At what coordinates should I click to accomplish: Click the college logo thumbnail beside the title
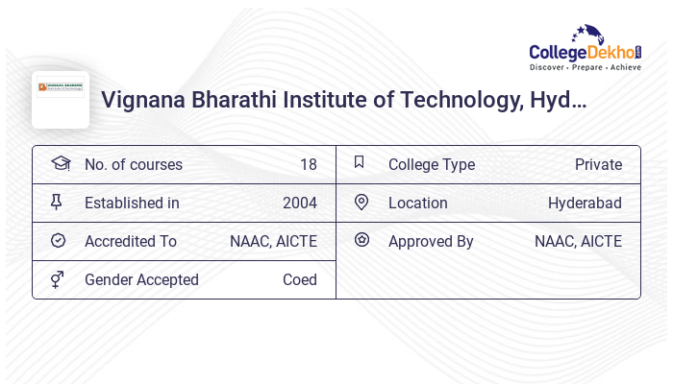click(x=61, y=100)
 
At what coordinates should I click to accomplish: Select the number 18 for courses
click(x=308, y=164)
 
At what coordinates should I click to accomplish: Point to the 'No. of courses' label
click(x=133, y=164)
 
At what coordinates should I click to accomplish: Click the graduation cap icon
click(x=60, y=163)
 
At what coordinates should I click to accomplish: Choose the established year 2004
click(x=299, y=203)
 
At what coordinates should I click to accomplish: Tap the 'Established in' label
click(x=132, y=203)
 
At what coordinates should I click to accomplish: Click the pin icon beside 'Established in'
click(x=58, y=202)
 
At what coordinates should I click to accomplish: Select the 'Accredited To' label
click(x=131, y=241)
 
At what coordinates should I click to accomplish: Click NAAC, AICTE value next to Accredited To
click(x=273, y=241)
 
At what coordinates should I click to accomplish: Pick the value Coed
click(x=299, y=279)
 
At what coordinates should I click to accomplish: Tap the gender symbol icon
click(x=58, y=279)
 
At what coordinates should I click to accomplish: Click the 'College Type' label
click(x=431, y=164)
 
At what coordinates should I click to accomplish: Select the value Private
click(x=598, y=164)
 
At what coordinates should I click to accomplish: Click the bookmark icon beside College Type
click(x=360, y=162)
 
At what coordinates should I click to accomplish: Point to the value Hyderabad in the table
click(x=585, y=203)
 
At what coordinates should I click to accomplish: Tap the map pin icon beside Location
click(x=361, y=202)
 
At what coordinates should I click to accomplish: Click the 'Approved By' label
click(x=431, y=241)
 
